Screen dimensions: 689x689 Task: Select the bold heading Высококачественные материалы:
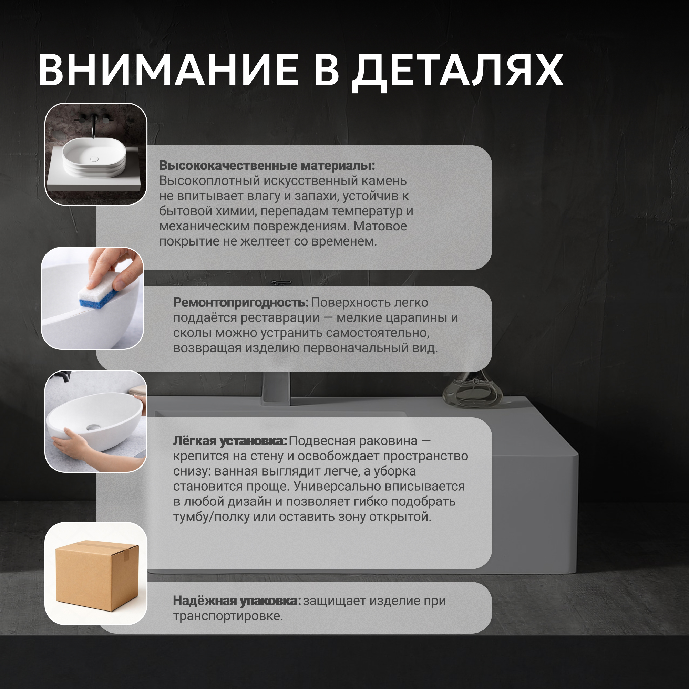pyautogui.click(x=267, y=166)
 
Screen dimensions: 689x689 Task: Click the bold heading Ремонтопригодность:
pyautogui.click(x=241, y=303)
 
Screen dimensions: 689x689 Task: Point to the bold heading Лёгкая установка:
pyautogui.click(x=230, y=441)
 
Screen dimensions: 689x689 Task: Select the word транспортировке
pyautogui.click(x=228, y=616)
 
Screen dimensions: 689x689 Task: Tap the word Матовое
pyautogui.click(x=380, y=226)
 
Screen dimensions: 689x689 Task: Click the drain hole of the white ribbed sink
pyautogui.click(x=94, y=159)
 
